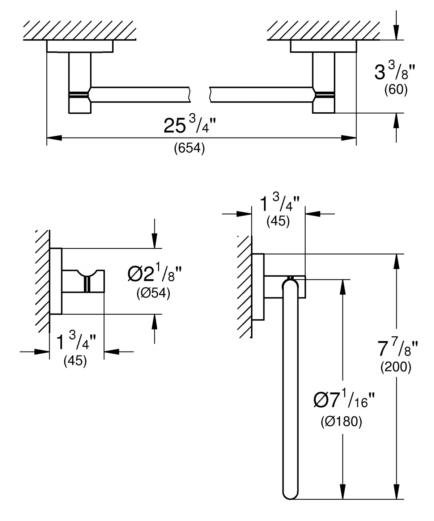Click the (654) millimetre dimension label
190,148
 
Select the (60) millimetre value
396,89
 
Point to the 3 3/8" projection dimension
395,71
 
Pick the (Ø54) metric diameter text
153,293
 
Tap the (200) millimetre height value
396,366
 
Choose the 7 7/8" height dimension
397,347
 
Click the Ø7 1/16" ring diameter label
344,399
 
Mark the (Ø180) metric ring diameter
341,421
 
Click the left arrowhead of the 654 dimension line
54,138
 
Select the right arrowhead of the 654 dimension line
349,138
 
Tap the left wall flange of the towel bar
80,46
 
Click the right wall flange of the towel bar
323,46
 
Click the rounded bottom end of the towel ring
290,493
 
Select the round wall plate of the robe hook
56,281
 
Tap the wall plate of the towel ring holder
258,287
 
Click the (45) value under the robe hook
75,361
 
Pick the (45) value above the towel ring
278,221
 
